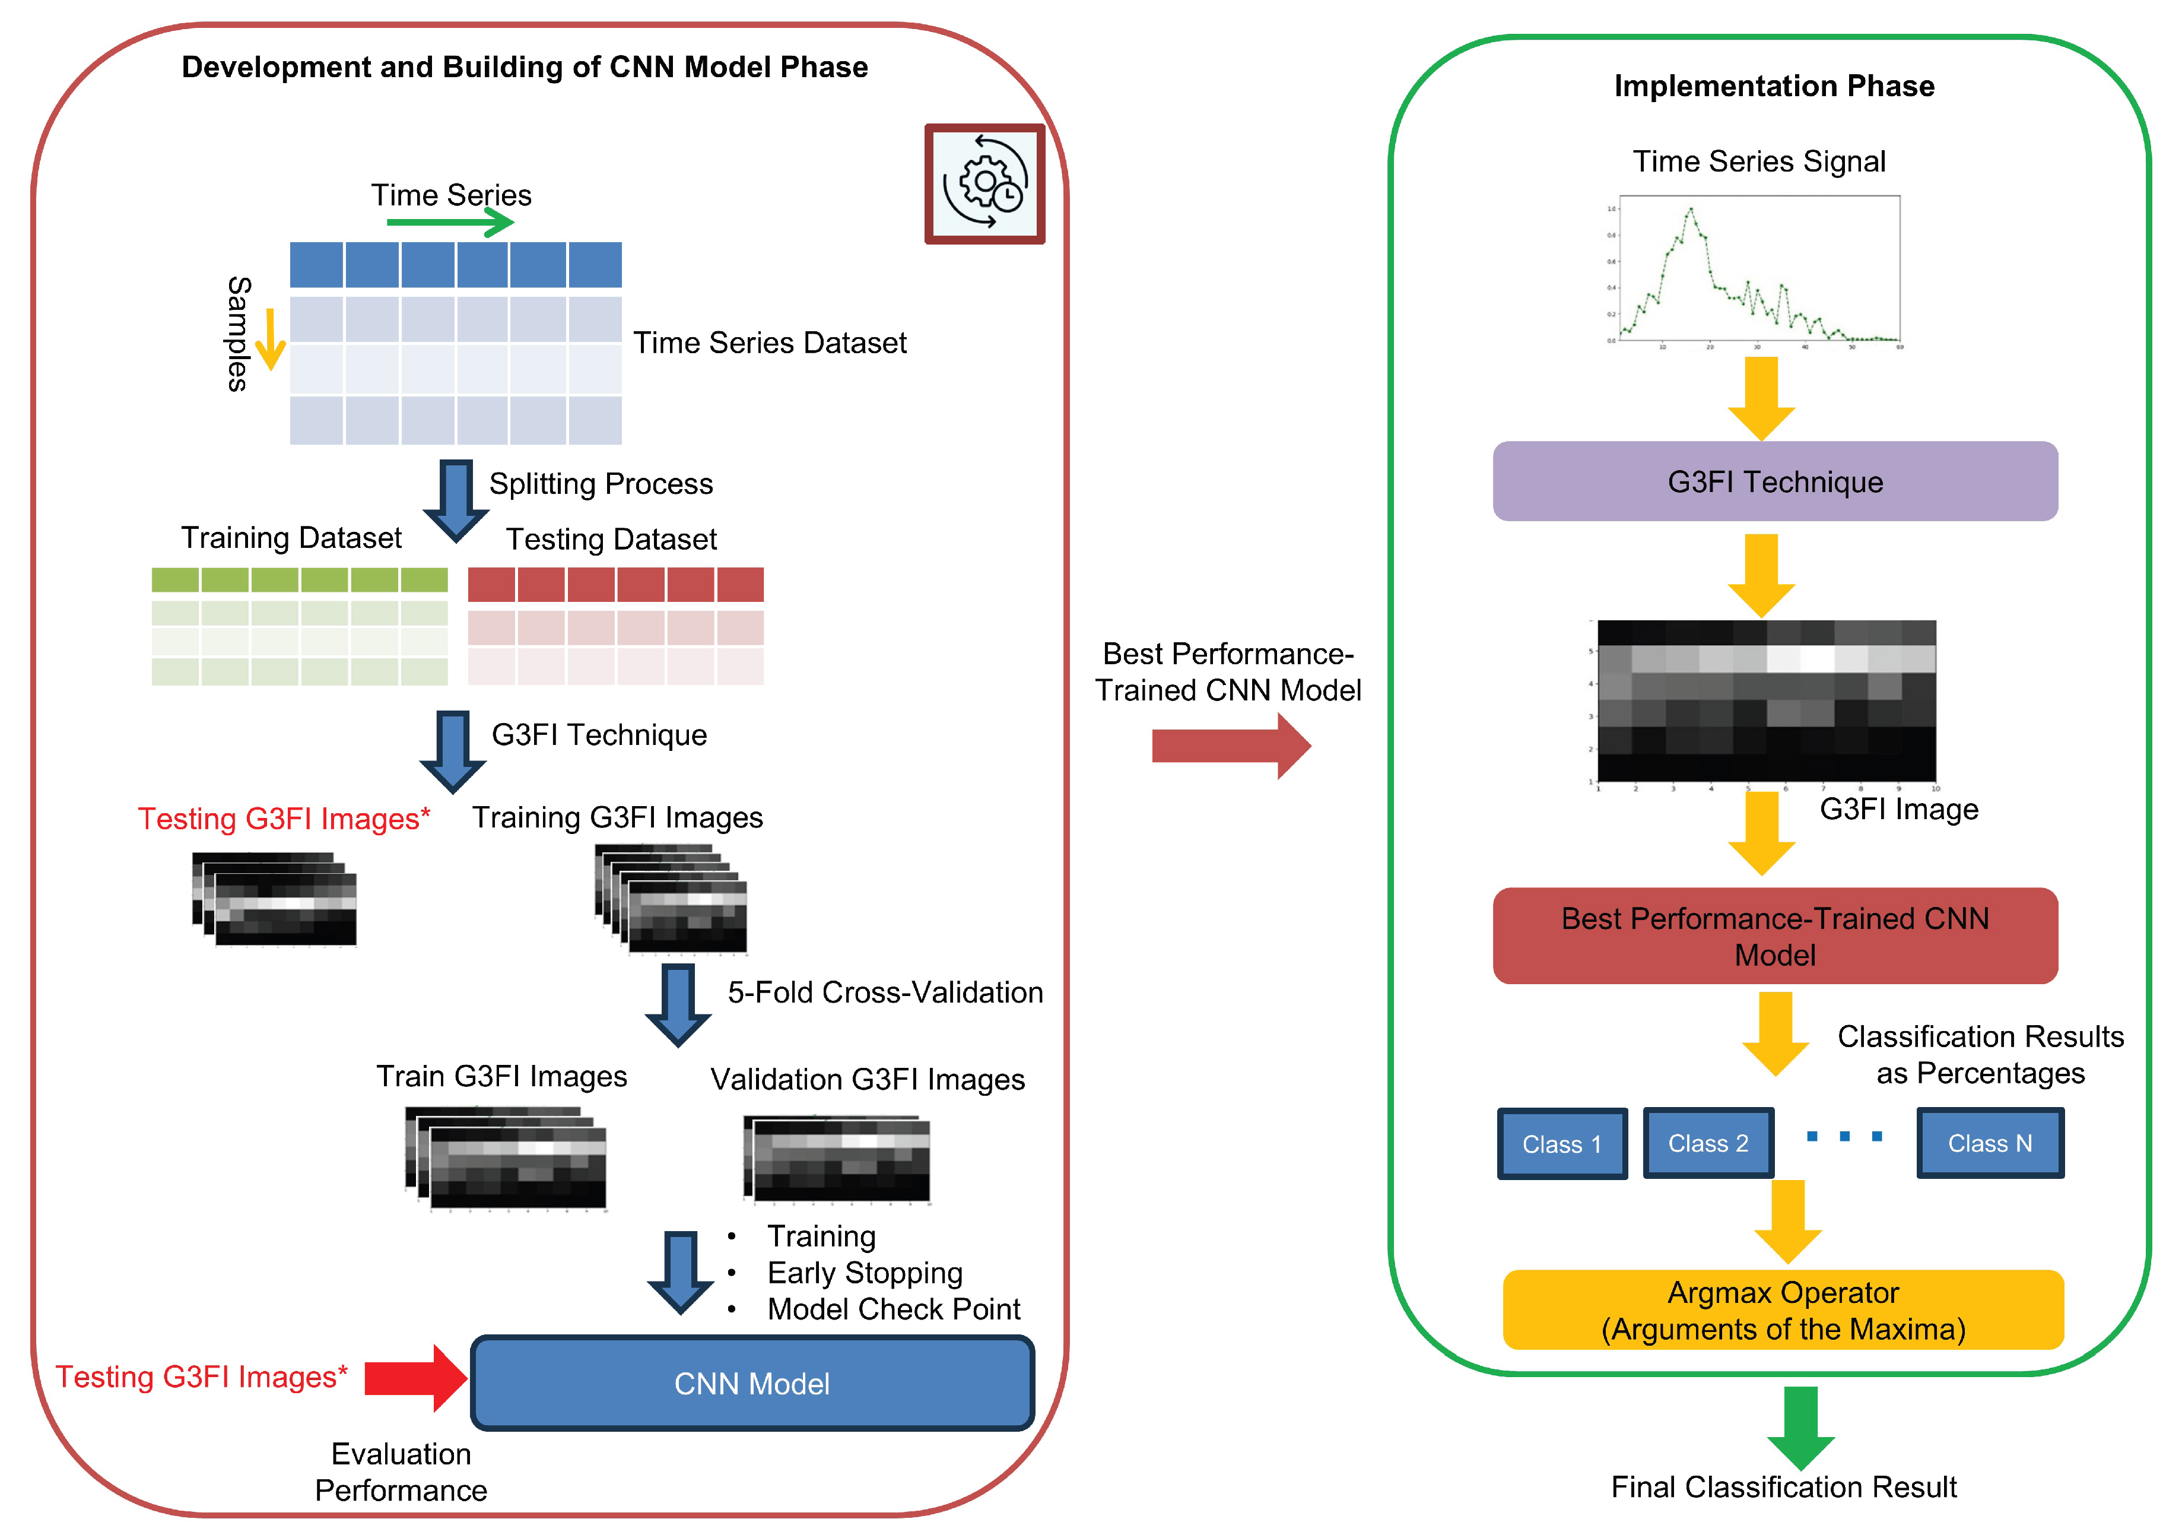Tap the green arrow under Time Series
point(450,223)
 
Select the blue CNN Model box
point(752,1383)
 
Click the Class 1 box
point(1561,1143)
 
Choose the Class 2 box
point(1708,1143)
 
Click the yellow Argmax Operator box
point(1783,1310)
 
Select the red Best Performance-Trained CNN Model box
point(1774,936)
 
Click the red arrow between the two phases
point(1230,746)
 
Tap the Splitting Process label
point(601,484)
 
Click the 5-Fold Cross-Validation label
point(885,992)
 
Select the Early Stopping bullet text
point(865,1273)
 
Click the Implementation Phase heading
point(1773,85)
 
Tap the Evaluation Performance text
point(401,1472)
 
